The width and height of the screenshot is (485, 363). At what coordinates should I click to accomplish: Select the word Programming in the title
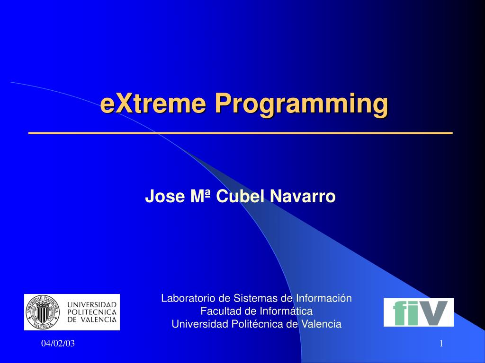point(302,105)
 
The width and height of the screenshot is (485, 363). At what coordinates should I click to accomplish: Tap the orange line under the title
point(241,133)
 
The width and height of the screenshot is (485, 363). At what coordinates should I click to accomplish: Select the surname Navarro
point(303,196)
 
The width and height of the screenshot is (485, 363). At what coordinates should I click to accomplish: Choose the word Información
point(324,298)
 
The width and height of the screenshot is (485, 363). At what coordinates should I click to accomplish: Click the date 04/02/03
point(58,344)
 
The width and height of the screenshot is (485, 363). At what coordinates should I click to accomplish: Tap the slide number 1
point(441,344)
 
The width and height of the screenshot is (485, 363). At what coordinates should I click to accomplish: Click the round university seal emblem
point(43,312)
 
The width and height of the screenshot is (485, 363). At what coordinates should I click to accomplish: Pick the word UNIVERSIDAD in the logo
point(92,305)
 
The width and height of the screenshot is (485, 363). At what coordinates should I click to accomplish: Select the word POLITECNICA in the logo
point(92,312)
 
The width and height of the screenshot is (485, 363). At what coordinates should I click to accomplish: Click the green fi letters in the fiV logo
point(404,313)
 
